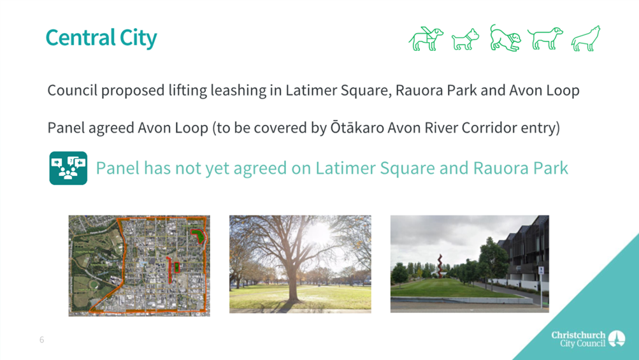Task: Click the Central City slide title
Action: [101, 38]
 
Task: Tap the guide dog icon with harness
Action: [426, 38]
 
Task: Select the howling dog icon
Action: [586, 38]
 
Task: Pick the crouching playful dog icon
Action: [505, 38]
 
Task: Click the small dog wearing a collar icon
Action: [466, 40]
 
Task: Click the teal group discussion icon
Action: [68, 168]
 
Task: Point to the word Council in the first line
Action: [72, 90]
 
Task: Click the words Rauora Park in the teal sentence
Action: [521, 168]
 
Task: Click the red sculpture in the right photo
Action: [440, 266]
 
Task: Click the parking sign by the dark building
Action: [541, 270]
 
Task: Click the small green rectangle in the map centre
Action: [176, 267]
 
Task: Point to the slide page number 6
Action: [41, 340]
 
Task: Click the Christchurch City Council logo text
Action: [578, 339]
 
